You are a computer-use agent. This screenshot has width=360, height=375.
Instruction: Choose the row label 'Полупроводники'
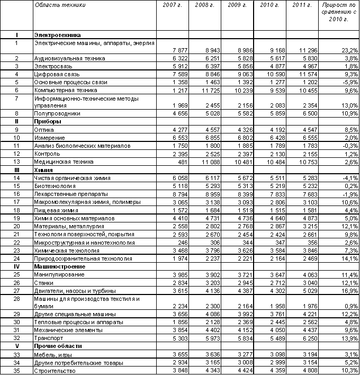click(56, 113)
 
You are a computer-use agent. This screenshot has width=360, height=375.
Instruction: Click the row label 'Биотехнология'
click(55, 186)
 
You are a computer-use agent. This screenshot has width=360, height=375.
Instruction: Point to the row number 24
click(17, 259)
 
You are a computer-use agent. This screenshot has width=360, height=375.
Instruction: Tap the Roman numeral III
click(17, 170)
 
